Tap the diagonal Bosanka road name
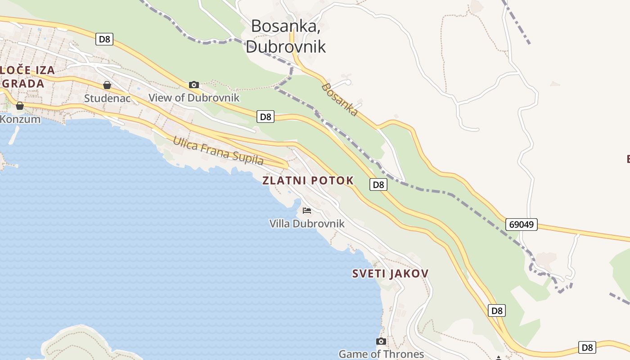(x=340, y=99)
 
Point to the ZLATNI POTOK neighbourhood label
(x=308, y=181)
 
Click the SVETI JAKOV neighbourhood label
(x=390, y=274)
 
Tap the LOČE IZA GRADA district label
(x=27, y=76)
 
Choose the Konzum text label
(x=20, y=119)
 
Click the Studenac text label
(x=107, y=98)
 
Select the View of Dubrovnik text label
(x=194, y=98)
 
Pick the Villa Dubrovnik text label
(x=307, y=224)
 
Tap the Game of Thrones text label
(x=381, y=354)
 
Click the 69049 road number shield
(x=522, y=224)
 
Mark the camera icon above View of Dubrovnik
(x=194, y=85)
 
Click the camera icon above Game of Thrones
(x=381, y=341)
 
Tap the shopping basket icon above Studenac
(x=107, y=85)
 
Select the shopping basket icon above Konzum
(x=20, y=106)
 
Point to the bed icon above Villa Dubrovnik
(x=307, y=210)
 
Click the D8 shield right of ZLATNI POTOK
(x=378, y=184)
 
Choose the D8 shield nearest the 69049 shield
(x=496, y=310)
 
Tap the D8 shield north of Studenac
(x=104, y=39)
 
